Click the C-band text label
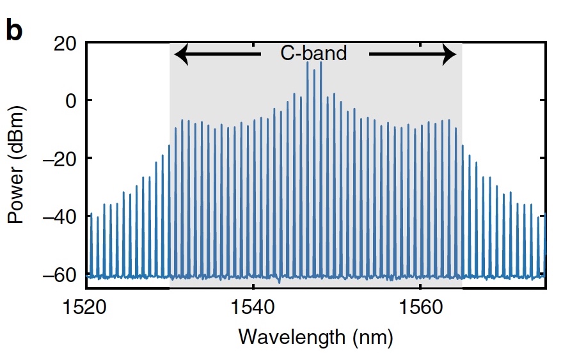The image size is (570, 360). (x=313, y=53)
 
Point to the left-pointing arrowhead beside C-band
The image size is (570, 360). (x=181, y=54)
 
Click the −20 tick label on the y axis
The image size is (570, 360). (x=59, y=159)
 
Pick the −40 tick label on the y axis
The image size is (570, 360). (x=59, y=217)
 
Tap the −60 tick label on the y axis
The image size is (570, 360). (x=59, y=275)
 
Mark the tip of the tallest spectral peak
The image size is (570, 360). (x=321, y=61)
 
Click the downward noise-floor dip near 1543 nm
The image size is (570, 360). (x=279, y=282)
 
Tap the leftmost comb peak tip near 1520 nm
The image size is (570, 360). (x=91, y=213)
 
